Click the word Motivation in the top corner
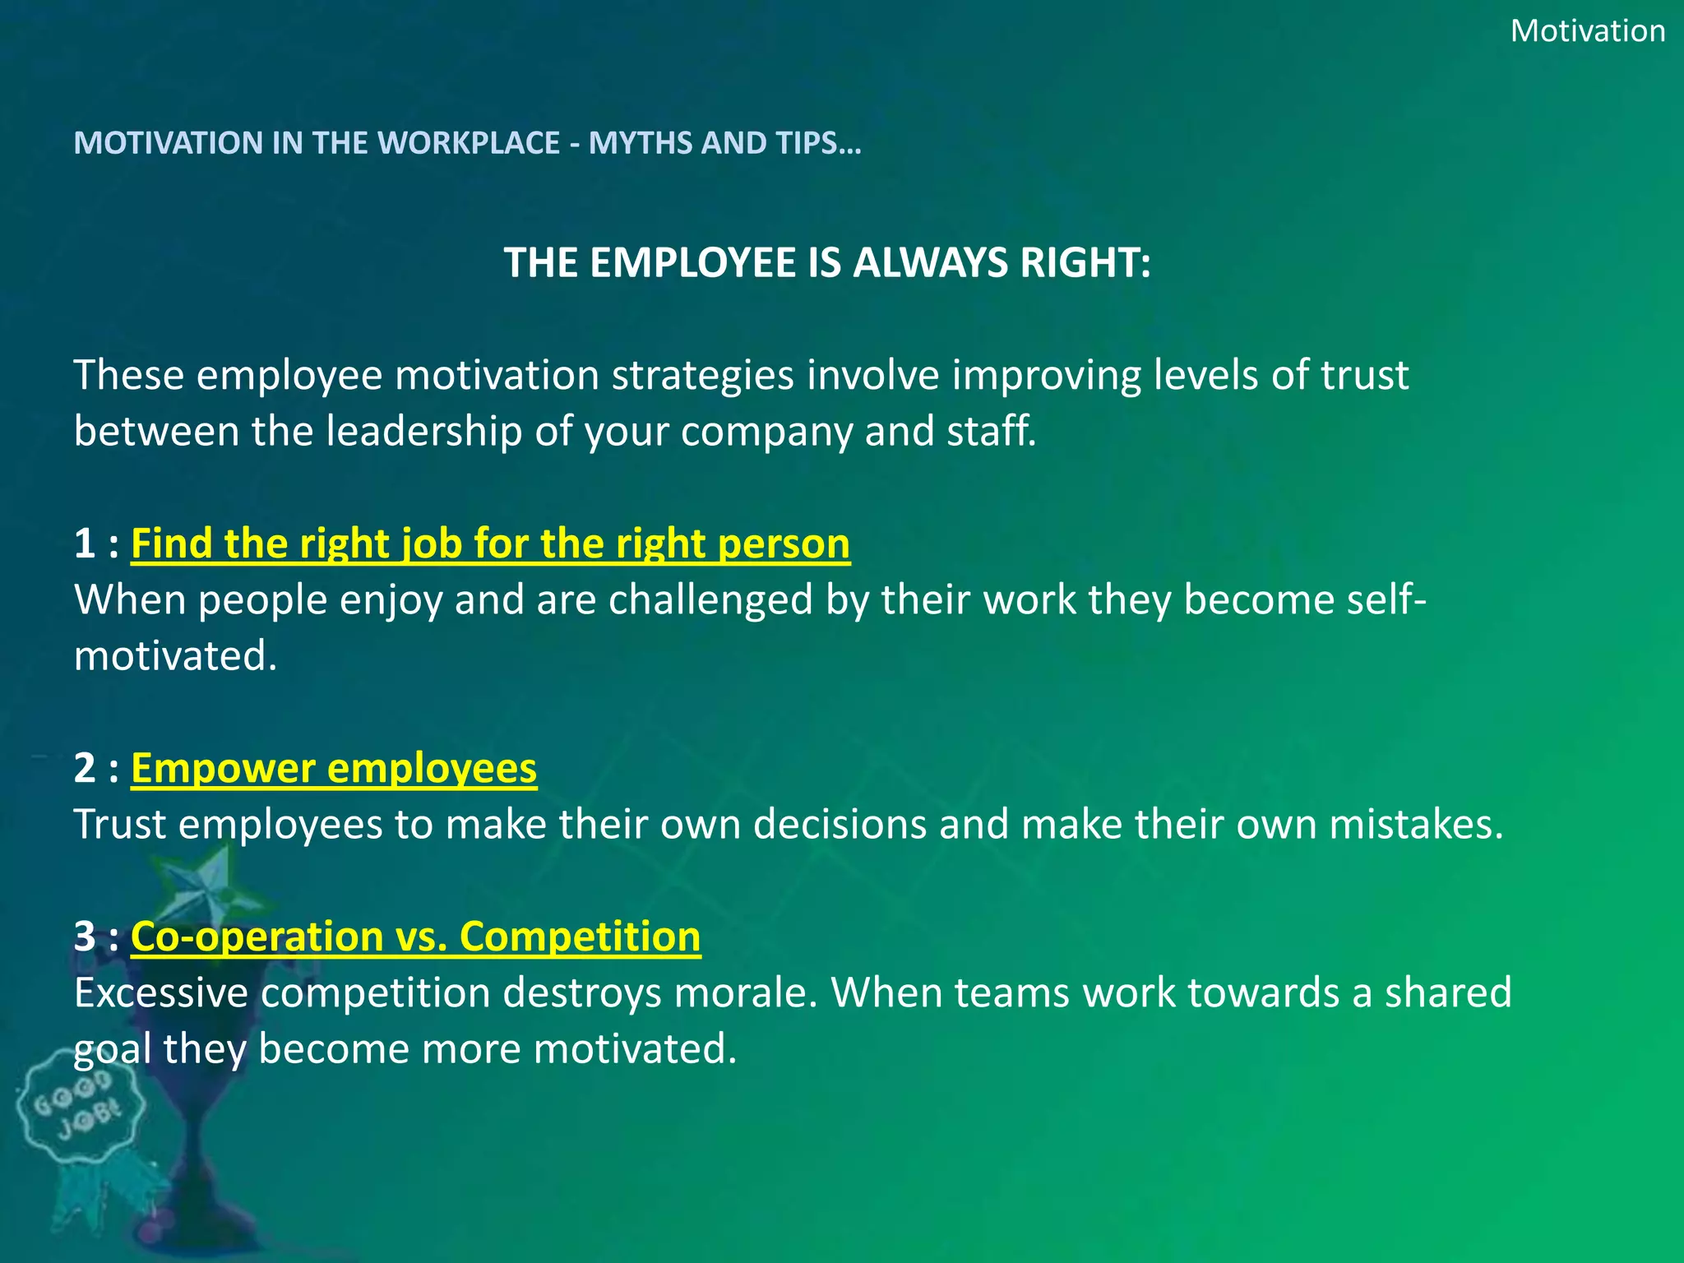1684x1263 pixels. point(1587,31)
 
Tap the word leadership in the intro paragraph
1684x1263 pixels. point(423,431)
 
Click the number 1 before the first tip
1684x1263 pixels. point(85,544)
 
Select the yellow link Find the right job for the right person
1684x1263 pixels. point(490,544)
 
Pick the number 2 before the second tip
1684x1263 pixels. point(85,769)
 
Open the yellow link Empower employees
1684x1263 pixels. point(334,769)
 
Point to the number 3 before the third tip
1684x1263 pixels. point(85,937)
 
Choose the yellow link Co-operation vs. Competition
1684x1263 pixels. point(415,937)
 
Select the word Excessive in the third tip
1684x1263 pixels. point(161,992)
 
